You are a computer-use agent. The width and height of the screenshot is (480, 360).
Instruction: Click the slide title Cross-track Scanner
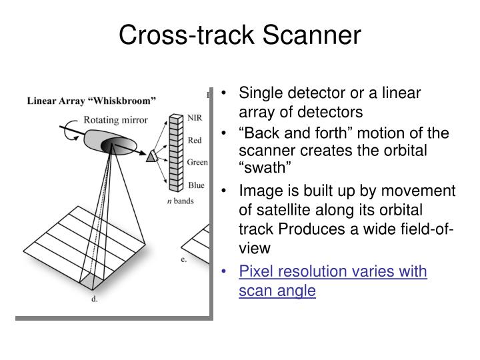tap(240, 35)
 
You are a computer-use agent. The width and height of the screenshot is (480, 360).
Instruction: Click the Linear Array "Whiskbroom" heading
tap(91, 101)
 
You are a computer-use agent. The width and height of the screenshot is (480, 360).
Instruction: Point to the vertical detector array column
tap(175, 153)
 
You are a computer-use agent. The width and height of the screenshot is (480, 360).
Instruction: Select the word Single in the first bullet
tap(259, 93)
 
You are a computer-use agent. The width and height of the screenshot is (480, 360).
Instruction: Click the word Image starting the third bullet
tap(258, 192)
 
